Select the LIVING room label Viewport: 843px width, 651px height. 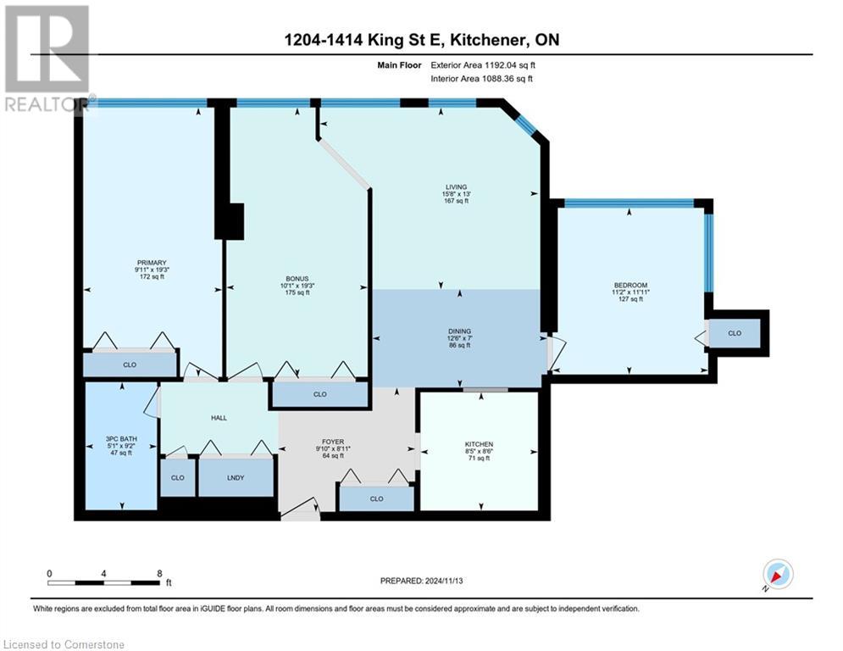coord(458,187)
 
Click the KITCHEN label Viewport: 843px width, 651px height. coord(479,444)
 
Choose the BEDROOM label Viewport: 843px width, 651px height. coord(630,285)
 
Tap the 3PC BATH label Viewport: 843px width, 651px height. coord(121,439)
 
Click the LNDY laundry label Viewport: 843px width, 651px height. coord(236,477)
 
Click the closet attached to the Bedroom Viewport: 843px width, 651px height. coord(734,333)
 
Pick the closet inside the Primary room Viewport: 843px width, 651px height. coord(130,364)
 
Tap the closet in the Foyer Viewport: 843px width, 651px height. coord(375,498)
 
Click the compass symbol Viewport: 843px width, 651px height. coord(777,575)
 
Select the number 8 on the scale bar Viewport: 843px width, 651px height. coord(160,573)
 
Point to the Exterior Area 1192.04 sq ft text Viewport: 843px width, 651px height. coord(483,64)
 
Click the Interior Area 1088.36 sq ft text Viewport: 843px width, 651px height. coord(483,79)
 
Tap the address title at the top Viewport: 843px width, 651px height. coord(421,40)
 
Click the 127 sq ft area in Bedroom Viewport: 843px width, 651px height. coord(630,299)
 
